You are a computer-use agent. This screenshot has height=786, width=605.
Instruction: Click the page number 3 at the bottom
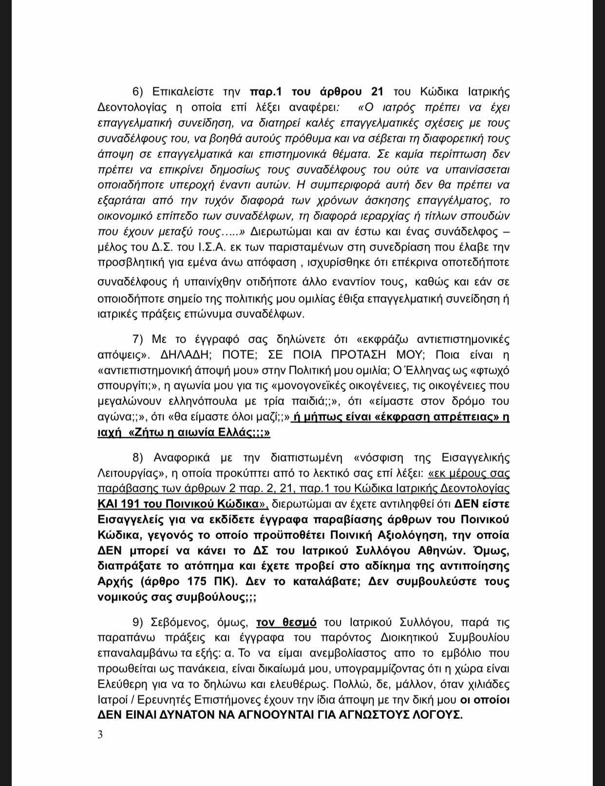(100, 734)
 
